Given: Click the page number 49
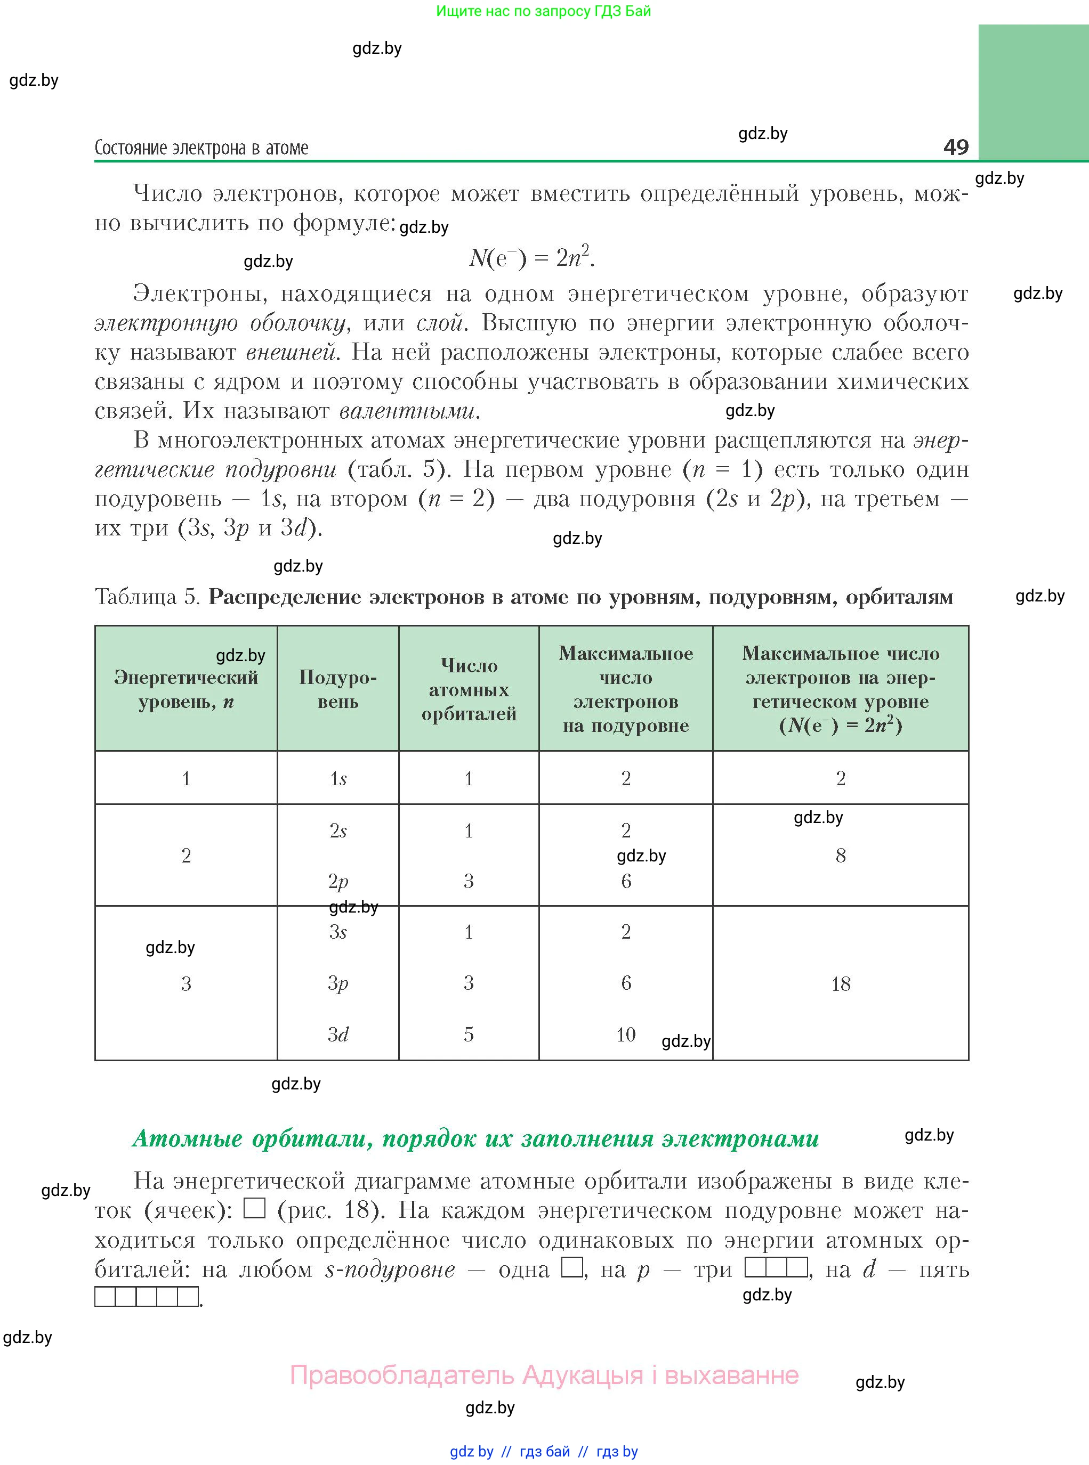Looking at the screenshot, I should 955,146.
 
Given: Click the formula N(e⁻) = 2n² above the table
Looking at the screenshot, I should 531,257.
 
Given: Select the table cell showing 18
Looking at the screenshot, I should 841,984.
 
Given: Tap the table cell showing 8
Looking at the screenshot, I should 841,856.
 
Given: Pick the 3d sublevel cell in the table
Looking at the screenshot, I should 338,1034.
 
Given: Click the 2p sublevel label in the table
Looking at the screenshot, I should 338,881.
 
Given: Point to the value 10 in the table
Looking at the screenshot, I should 626,1034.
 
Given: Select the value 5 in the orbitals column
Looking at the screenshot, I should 469,1034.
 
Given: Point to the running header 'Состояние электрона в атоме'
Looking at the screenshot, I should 201,148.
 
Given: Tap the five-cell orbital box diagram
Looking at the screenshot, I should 147,1296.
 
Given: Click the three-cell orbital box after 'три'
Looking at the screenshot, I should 776,1267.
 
